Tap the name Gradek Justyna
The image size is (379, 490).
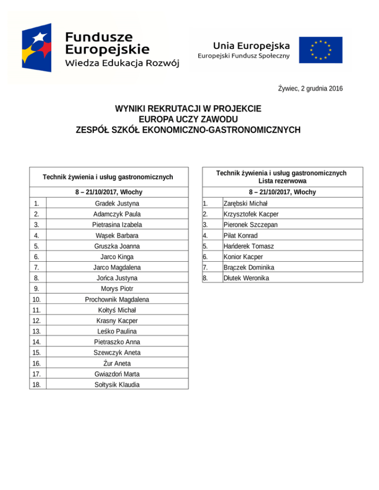click(117, 203)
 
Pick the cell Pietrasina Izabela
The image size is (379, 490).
click(117, 225)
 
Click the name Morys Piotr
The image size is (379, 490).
click(117, 289)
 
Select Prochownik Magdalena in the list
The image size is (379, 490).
click(117, 300)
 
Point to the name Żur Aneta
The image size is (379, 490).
click(117, 363)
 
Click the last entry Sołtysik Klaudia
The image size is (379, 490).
click(117, 385)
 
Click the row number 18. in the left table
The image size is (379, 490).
click(36, 385)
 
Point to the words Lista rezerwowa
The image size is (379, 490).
click(281, 181)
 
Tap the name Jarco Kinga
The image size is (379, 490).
click(117, 257)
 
